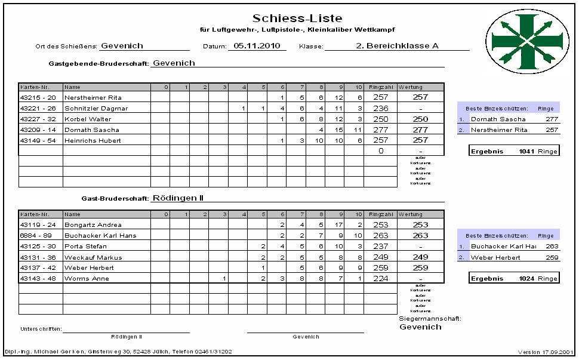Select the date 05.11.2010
(257, 45)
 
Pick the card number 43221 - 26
(38, 108)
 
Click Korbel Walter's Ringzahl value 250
(380, 119)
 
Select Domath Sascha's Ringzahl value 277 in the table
(380, 130)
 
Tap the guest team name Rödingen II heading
(178, 198)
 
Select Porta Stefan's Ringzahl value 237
(380, 247)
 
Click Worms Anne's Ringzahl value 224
(380, 279)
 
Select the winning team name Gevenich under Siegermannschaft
(420, 327)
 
